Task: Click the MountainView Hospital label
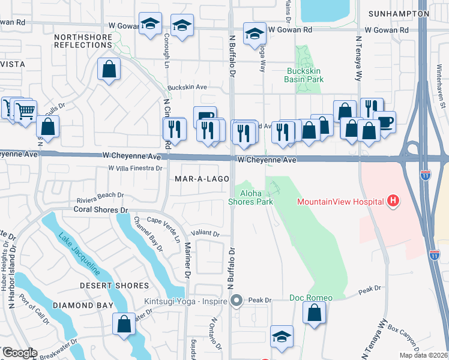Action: (340, 201)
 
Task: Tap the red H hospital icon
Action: (393, 200)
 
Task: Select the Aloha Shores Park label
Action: (256, 197)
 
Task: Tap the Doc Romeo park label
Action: (310, 298)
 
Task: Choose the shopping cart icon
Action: (25, 110)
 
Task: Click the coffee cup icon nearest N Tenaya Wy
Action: (385, 122)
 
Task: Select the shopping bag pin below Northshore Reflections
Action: (109, 69)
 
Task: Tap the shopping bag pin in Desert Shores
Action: (124, 324)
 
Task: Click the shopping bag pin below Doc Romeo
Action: (314, 312)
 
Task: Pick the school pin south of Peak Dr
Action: (281, 337)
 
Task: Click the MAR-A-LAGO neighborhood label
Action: (199, 179)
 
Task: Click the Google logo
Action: (20, 353)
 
